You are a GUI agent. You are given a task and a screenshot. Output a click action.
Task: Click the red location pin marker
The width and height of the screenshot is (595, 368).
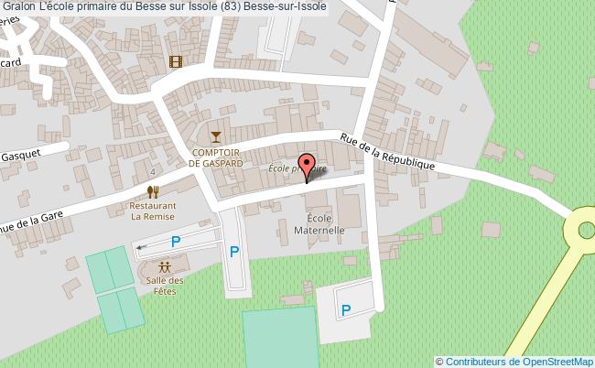[x=306, y=168]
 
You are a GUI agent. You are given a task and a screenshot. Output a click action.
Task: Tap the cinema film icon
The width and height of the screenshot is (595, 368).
[x=175, y=62]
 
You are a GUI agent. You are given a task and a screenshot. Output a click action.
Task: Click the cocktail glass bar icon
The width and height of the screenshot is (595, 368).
[x=216, y=137]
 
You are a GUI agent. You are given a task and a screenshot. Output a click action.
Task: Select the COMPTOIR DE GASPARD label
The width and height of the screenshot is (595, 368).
[x=216, y=157]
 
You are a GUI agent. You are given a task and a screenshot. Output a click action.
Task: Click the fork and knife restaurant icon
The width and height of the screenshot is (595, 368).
[x=153, y=191]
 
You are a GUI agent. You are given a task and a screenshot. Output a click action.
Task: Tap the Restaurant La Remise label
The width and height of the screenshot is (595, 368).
[x=153, y=211]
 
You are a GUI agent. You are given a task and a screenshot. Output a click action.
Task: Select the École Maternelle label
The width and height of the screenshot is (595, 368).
[x=319, y=224]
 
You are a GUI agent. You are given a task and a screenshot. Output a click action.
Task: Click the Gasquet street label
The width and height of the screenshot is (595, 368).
[x=20, y=154]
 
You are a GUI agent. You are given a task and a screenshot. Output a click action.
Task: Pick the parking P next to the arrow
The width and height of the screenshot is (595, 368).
[x=176, y=242]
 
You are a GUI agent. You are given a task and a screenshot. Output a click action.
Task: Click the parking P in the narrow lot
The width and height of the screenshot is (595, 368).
[x=234, y=252]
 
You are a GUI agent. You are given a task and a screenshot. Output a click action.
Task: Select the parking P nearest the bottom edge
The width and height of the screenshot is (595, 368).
[x=346, y=310]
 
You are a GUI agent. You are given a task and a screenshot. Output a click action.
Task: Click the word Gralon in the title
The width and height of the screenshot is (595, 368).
[x=20, y=8]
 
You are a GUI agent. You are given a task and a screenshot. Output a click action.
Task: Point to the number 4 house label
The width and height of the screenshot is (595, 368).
[x=153, y=171]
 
